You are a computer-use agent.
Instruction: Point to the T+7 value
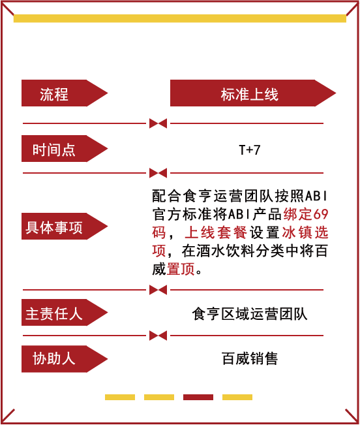[250, 150]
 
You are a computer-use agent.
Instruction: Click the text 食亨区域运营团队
[250, 314]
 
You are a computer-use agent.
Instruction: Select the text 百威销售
[250, 358]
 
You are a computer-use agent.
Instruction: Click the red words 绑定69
[306, 214]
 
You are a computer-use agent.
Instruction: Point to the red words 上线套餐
[216, 232]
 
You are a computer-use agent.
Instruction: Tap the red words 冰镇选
[305, 232]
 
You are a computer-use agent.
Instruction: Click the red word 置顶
[181, 269]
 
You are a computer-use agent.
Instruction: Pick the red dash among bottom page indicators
[198, 397]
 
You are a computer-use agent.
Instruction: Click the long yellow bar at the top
[180, 18]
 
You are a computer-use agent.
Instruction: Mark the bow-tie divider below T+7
[158, 173]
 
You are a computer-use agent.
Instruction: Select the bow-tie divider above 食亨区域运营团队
[158, 290]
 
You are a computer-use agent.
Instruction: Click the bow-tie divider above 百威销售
[158, 336]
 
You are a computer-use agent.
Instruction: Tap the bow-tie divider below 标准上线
[158, 123]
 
